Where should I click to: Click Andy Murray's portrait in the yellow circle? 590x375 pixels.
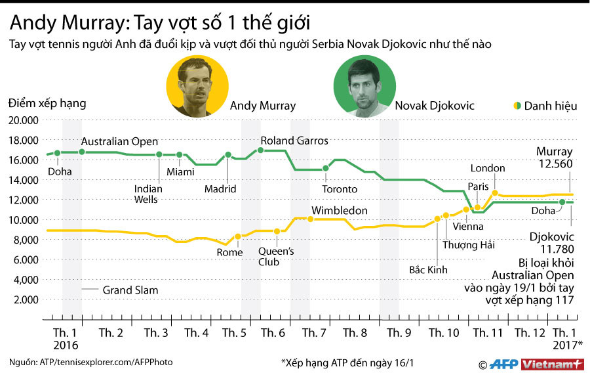pos(197,86)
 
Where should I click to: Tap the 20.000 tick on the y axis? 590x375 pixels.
pos(24,120)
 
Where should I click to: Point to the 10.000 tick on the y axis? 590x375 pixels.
pos(24,219)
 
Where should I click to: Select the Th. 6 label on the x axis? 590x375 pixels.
pos(273,333)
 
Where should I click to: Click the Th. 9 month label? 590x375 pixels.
pos(399,333)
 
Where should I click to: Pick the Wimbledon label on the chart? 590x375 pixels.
pos(339,211)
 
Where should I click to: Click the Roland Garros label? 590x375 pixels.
pos(294,141)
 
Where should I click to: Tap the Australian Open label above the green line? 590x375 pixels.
pos(119,142)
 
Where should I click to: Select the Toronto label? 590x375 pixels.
pos(340,189)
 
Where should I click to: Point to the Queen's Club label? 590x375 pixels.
pos(276,256)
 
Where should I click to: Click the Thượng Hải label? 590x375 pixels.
pos(469,245)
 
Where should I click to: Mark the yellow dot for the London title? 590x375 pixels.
pos(495,193)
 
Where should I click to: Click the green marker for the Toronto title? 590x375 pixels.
pos(326,168)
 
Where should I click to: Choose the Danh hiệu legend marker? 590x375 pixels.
pos(517,105)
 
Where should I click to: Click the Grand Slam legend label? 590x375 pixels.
pos(130,290)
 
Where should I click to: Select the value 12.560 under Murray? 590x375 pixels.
pos(555,164)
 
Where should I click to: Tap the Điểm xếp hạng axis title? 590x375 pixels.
pos(47,104)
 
